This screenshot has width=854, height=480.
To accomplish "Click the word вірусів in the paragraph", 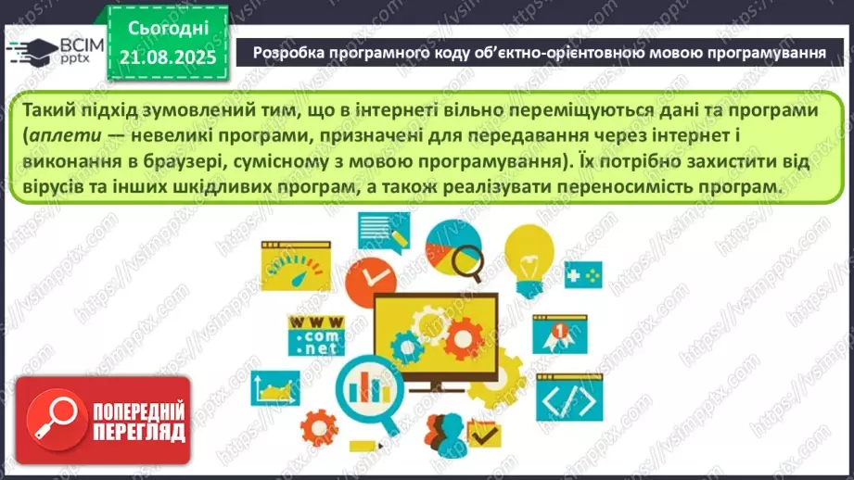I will point(55,186).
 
